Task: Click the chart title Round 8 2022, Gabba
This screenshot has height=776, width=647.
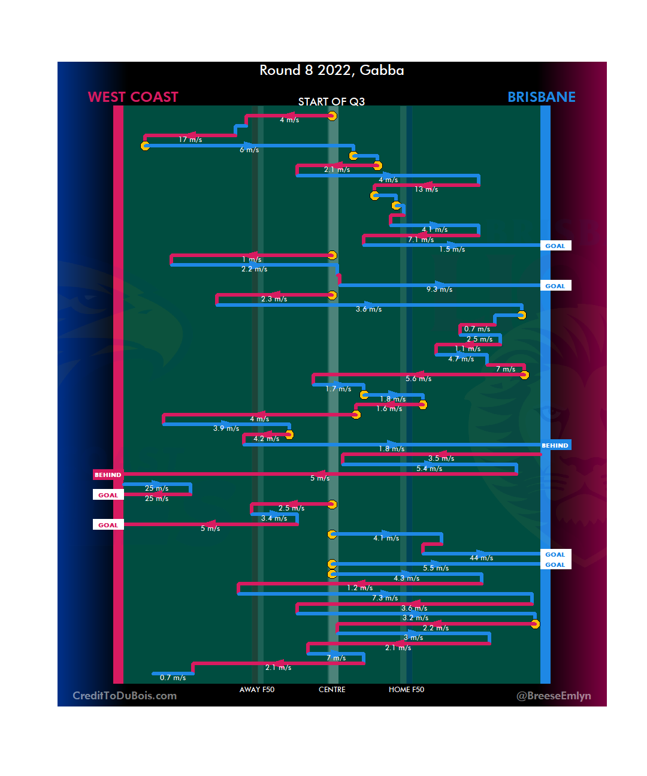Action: pyautogui.click(x=331, y=71)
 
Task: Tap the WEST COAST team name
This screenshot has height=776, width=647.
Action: pyautogui.click(x=133, y=97)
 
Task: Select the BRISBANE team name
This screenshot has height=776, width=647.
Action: pyautogui.click(x=541, y=97)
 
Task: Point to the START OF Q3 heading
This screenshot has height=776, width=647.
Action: pyautogui.click(x=331, y=102)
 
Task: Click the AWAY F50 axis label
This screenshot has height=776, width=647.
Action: pyautogui.click(x=256, y=690)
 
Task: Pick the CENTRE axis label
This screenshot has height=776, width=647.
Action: pyautogui.click(x=332, y=690)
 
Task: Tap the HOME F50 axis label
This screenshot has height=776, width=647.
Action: pyautogui.click(x=406, y=690)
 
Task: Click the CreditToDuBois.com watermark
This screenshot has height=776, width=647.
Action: pyautogui.click(x=125, y=696)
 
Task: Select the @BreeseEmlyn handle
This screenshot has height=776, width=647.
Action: pyautogui.click(x=554, y=696)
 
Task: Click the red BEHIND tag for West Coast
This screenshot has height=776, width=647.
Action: pyautogui.click(x=108, y=475)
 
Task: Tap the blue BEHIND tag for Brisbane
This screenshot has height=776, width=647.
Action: pyautogui.click(x=555, y=445)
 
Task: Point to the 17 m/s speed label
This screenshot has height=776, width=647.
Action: pyautogui.click(x=190, y=140)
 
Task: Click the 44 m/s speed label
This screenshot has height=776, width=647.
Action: pyautogui.click(x=481, y=558)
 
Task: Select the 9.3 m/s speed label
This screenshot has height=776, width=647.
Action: pyautogui.click(x=439, y=289)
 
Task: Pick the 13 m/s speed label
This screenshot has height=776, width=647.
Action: pyautogui.click(x=426, y=189)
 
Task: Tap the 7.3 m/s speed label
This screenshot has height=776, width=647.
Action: pyautogui.click(x=385, y=598)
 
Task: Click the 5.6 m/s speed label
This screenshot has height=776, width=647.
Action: pyautogui.click(x=418, y=379)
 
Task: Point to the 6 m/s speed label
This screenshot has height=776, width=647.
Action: pyautogui.click(x=249, y=150)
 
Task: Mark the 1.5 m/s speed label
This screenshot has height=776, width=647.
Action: pyautogui.click(x=452, y=249)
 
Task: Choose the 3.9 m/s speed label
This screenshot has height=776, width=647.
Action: pyautogui.click(x=226, y=428)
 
